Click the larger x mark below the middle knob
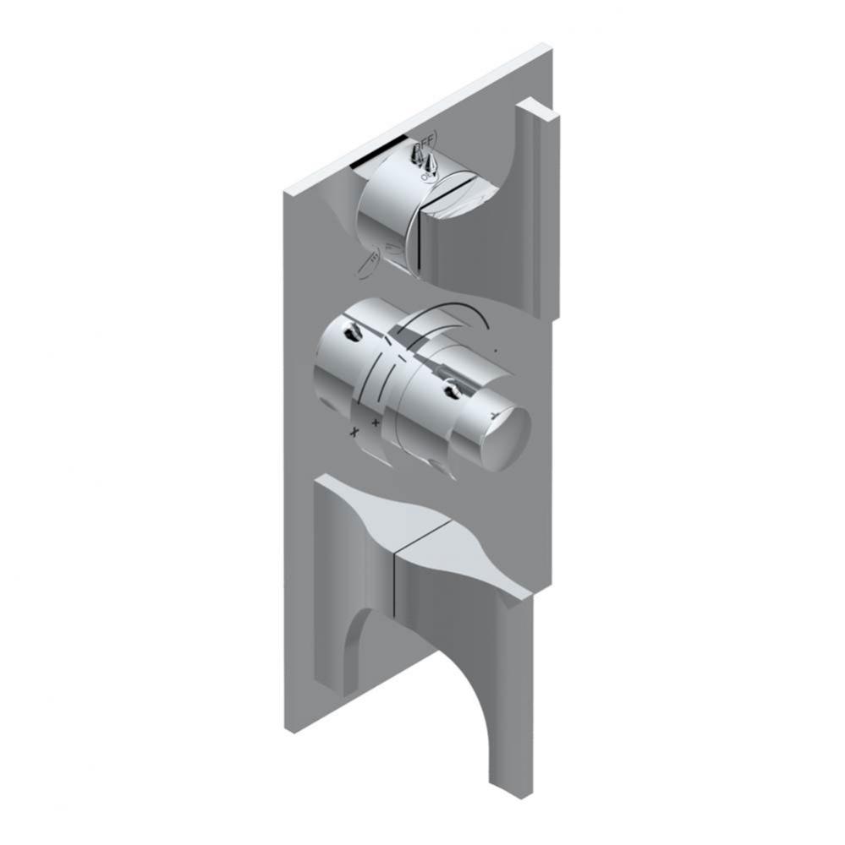pyautogui.click(x=355, y=432)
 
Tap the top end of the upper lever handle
pyautogui.click(x=539, y=111)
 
